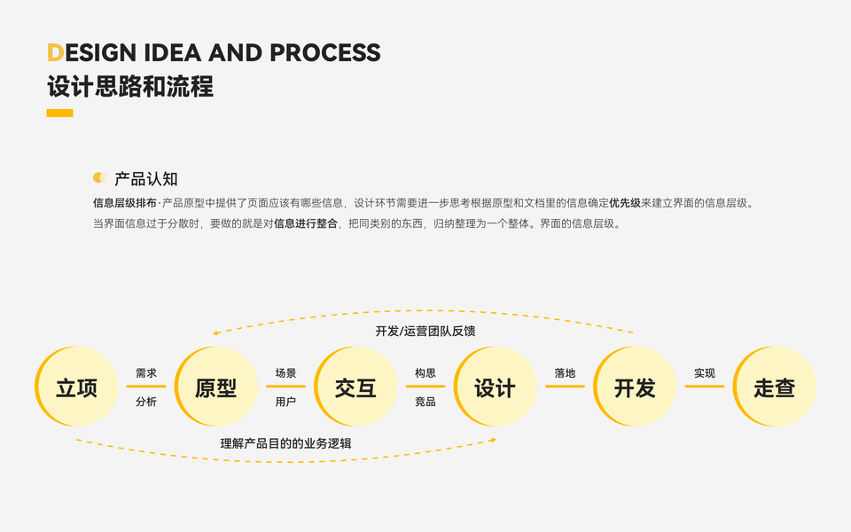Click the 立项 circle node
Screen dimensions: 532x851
pyautogui.click(x=76, y=387)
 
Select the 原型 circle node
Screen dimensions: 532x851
pyautogui.click(x=216, y=387)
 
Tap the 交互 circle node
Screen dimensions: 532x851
pyautogui.click(x=355, y=387)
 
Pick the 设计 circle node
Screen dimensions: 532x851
pyautogui.click(x=495, y=387)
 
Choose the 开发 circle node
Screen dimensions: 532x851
pyautogui.click(x=635, y=387)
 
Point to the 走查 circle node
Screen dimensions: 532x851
pyautogui.click(x=775, y=387)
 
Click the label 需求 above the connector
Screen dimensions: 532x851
pyautogui.click(x=146, y=373)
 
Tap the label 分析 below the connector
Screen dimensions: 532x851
pyautogui.click(x=146, y=402)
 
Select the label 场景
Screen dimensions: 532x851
pyautogui.click(x=285, y=373)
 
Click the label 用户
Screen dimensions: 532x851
pyautogui.click(x=285, y=402)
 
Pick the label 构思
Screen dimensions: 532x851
pyautogui.click(x=425, y=373)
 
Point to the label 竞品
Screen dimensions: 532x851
pyautogui.click(x=425, y=402)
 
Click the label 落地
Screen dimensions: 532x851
pyautogui.click(x=565, y=373)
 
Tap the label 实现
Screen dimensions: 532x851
pyautogui.click(x=705, y=373)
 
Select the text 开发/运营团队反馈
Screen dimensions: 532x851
pyautogui.click(x=425, y=331)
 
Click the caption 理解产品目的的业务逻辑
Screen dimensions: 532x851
pyautogui.click(x=285, y=442)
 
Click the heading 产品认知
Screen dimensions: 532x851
pyautogui.click(x=146, y=178)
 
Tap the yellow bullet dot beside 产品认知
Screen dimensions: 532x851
pyautogui.click(x=99, y=177)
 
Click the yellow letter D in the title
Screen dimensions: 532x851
pyautogui.click(x=55, y=53)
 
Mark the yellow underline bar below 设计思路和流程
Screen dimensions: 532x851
pyautogui.click(x=59, y=113)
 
